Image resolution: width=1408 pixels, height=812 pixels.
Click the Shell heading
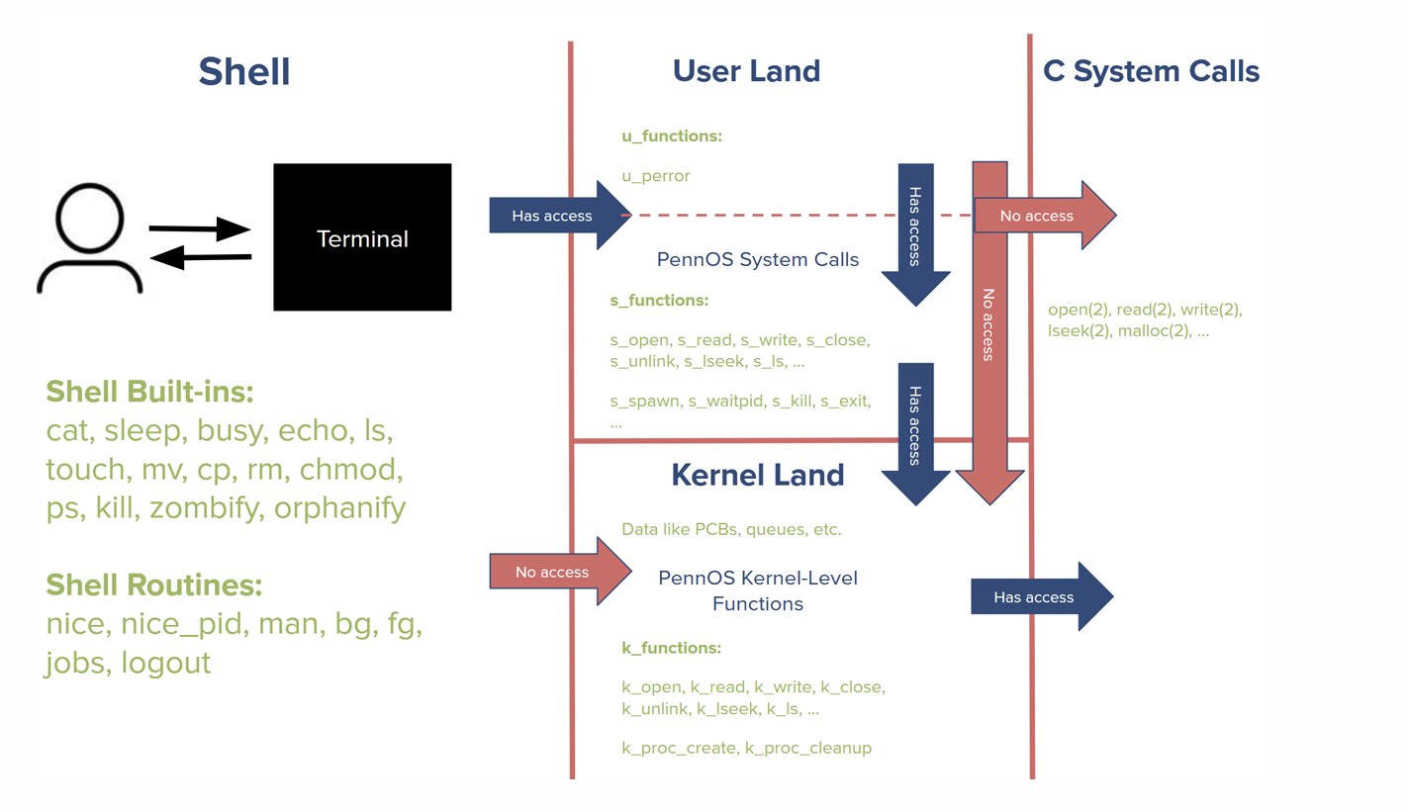pos(244,71)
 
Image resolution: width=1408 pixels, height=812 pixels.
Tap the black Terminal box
pos(362,237)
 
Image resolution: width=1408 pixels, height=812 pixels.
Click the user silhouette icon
pos(90,240)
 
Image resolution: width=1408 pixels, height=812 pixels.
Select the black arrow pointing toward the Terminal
pos(200,229)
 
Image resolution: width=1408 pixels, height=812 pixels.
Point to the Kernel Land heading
pos(758,475)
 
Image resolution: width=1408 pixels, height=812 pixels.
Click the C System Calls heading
pos(1151,71)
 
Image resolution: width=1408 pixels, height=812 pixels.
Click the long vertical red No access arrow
pos(989,326)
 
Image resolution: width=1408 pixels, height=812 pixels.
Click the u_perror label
pos(655,176)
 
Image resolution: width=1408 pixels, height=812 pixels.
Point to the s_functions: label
pos(659,300)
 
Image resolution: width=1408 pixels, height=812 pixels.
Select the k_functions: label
pos(671,648)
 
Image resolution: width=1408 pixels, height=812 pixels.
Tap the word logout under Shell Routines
pos(166,663)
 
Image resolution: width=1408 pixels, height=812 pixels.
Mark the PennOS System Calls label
pos(758,260)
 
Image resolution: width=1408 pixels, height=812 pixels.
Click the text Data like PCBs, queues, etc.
pos(731,529)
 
